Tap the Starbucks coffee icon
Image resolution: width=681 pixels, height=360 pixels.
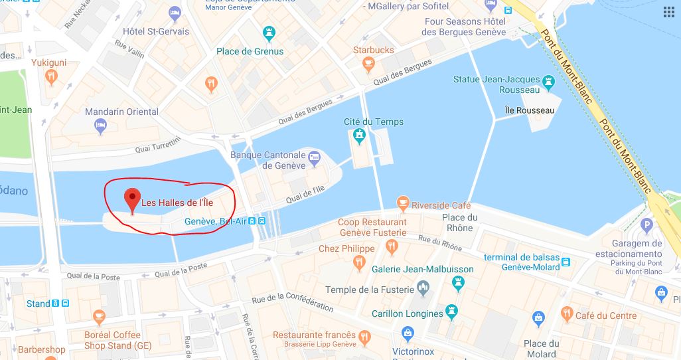tap(368, 64)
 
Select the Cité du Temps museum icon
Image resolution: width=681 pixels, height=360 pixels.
tap(360, 136)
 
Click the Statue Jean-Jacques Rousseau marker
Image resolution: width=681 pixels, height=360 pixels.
tap(548, 82)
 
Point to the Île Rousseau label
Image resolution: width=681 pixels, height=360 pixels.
tap(529, 110)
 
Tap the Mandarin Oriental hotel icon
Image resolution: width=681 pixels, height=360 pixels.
tap(101, 125)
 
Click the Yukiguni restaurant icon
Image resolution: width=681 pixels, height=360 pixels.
tap(52, 77)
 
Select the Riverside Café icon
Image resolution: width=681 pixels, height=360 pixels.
tap(402, 203)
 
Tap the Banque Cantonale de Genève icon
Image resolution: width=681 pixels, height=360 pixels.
tap(315, 158)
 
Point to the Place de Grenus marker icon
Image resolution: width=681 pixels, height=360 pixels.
tap(269, 33)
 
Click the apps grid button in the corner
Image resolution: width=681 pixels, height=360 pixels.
tap(668, 13)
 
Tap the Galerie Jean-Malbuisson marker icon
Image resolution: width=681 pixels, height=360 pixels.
tap(458, 284)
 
